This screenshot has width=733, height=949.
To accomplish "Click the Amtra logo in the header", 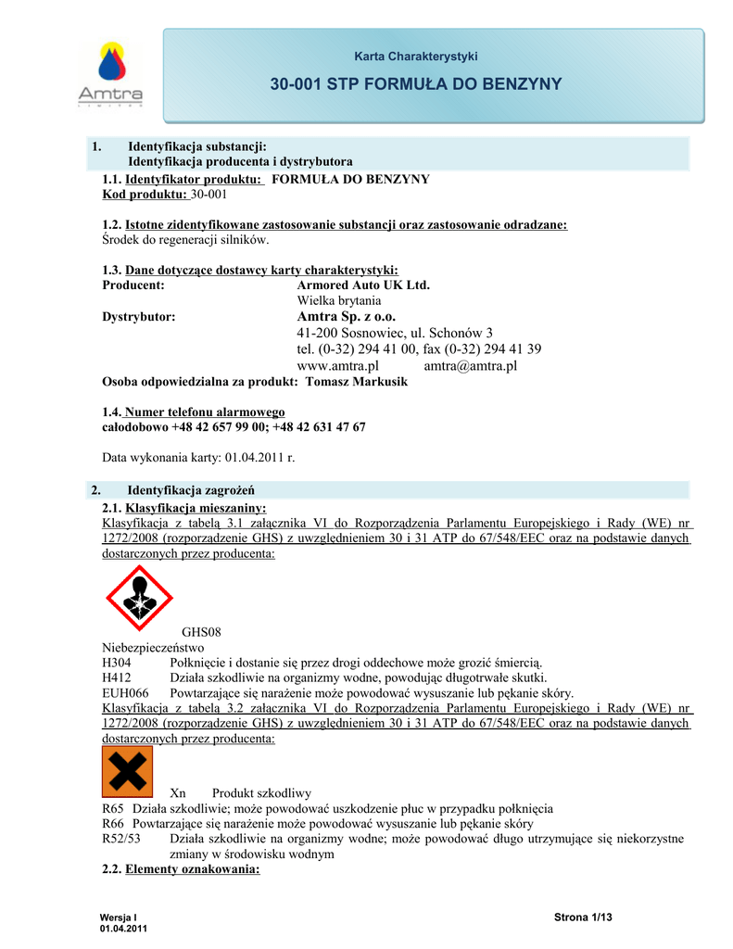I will (110, 74).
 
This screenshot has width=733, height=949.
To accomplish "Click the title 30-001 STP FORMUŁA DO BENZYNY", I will (416, 84).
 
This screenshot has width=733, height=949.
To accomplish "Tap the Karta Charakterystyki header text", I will (416, 57).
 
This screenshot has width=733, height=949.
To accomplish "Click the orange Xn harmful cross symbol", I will (127, 771).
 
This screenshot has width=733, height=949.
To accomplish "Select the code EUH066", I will (124, 693).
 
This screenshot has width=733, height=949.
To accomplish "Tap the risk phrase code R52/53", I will (121, 839).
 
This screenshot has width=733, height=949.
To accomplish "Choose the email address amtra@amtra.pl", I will (470, 366).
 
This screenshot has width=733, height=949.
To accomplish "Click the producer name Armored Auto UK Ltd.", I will (363, 285).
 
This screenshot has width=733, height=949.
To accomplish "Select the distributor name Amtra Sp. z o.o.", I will (346, 317).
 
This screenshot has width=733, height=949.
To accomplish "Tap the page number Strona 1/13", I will (584, 917).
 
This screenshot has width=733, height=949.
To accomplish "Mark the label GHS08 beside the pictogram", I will (200, 632).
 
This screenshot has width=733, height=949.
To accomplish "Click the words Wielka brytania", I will (338, 301).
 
